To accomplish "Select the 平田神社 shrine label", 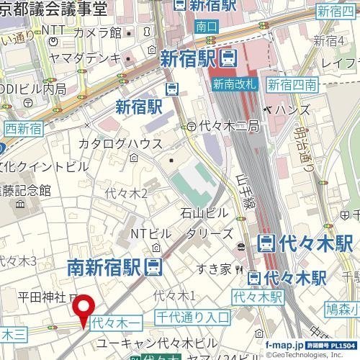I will click(x=42, y=297).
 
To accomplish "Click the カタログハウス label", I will click(x=120, y=143).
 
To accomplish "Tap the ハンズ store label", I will click(x=291, y=109).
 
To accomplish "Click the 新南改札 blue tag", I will click(x=234, y=84).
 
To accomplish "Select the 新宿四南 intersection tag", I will click(x=292, y=84).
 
